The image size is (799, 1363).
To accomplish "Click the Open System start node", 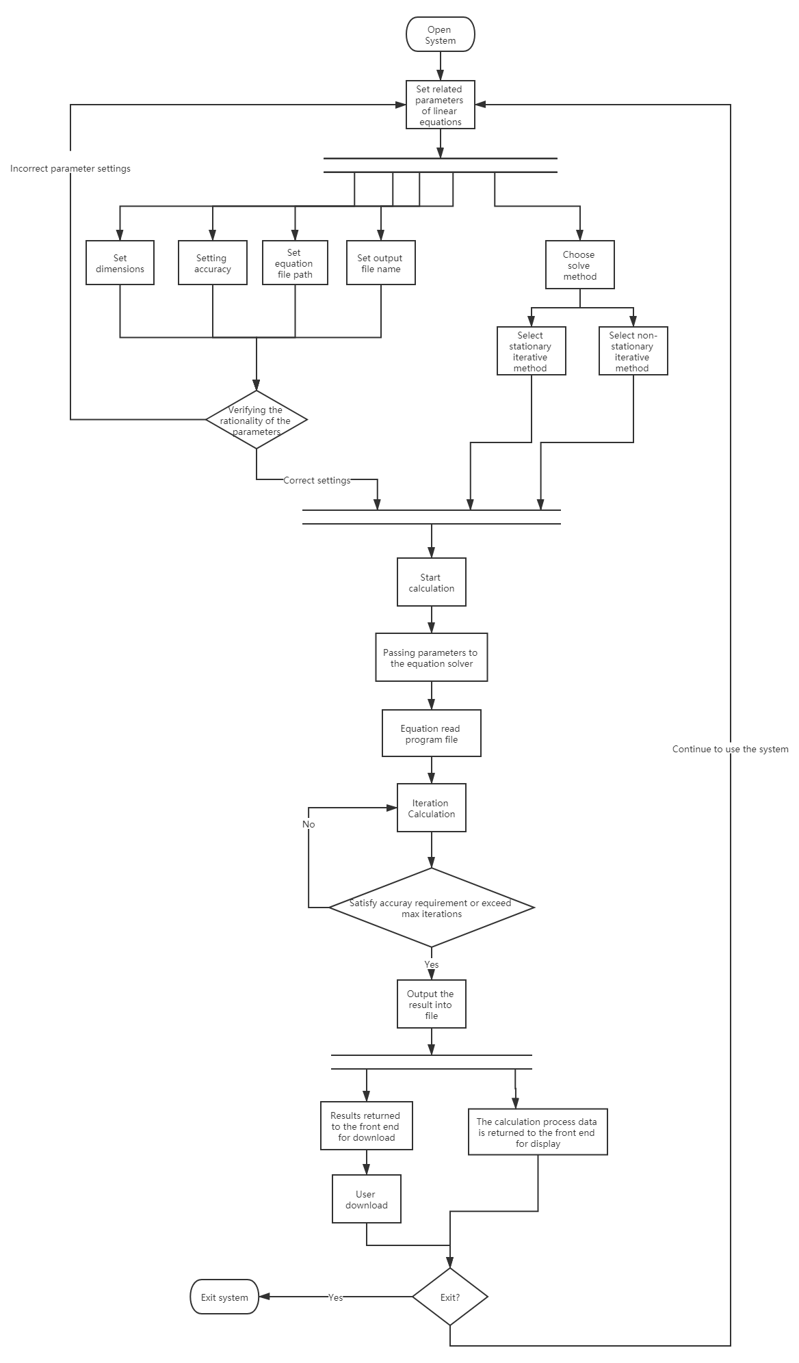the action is pyautogui.click(x=440, y=35).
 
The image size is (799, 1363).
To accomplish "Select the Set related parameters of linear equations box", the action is pyautogui.click(x=440, y=105).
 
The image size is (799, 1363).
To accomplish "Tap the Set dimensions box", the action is pyautogui.click(x=120, y=263).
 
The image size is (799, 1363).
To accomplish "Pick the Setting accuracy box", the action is pyautogui.click(x=212, y=263).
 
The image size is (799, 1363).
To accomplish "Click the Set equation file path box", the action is pyautogui.click(x=295, y=263).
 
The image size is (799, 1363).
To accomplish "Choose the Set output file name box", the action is pyautogui.click(x=380, y=263).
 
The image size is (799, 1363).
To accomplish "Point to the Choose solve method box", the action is pyautogui.click(x=579, y=265).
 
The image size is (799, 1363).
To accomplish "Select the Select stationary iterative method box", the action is pyautogui.click(x=531, y=352).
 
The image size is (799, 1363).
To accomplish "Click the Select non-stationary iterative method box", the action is pyautogui.click(x=633, y=352).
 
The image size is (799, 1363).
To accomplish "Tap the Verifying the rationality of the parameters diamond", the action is pyautogui.click(x=257, y=420).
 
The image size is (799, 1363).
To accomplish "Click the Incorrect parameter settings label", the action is pyautogui.click(x=70, y=168).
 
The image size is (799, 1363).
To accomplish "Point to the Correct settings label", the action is pyautogui.click(x=317, y=480).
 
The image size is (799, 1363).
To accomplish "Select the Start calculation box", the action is pyautogui.click(x=431, y=583).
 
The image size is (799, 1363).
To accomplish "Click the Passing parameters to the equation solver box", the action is pyautogui.click(x=431, y=658).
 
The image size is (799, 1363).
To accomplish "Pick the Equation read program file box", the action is pyautogui.click(x=431, y=734).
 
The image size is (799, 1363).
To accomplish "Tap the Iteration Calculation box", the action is pyautogui.click(x=431, y=808).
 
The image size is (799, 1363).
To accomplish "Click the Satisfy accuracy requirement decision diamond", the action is pyautogui.click(x=431, y=908).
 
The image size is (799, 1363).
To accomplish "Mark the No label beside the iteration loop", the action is pyautogui.click(x=309, y=825).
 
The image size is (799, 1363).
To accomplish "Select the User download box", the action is pyautogui.click(x=366, y=1200).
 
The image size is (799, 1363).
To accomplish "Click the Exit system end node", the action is pyautogui.click(x=224, y=1297).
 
